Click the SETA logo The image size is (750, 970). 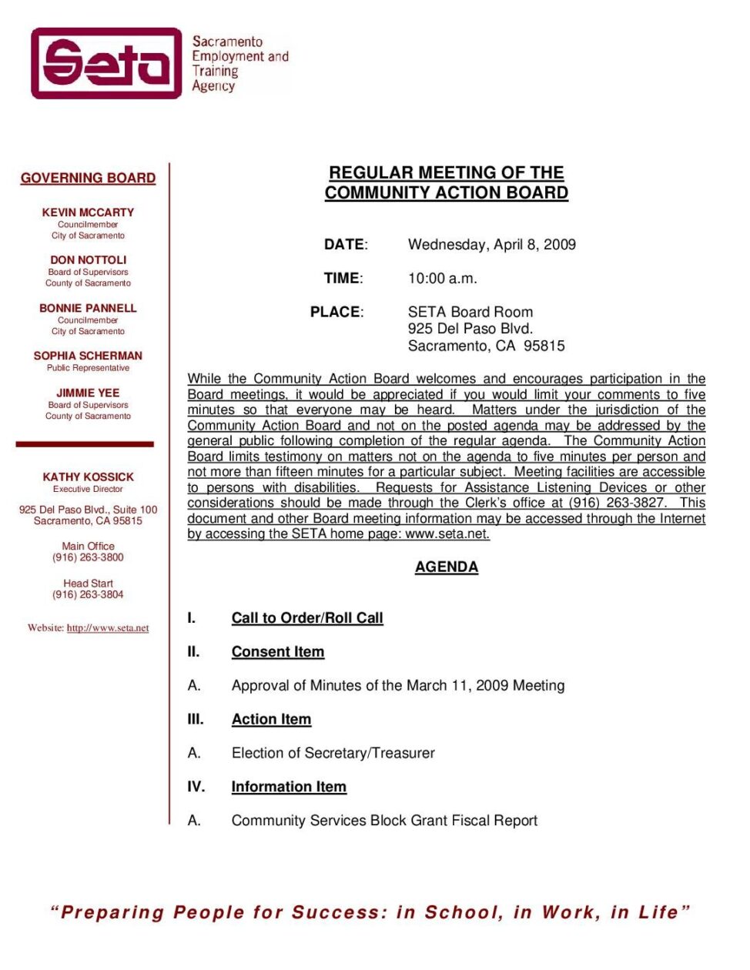click(105, 63)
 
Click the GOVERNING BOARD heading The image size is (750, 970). click(88, 178)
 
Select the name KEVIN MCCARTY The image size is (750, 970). click(88, 212)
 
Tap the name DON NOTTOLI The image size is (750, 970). click(88, 260)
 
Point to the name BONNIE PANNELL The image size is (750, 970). click(88, 308)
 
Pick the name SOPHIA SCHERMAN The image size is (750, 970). click(88, 356)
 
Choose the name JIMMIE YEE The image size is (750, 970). click(88, 393)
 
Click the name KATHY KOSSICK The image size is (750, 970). click(88, 477)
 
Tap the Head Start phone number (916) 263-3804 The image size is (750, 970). click(88, 594)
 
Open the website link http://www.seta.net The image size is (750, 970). click(108, 628)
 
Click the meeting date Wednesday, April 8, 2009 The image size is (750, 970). click(491, 245)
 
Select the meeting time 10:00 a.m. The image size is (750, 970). click(442, 279)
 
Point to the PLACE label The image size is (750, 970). click(336, 312)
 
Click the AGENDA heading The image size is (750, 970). click(446, 567)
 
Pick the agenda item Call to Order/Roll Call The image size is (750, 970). click(307, 618)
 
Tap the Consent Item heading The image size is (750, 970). click(278, 652)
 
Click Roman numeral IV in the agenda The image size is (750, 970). click(196, 787)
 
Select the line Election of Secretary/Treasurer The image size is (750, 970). click(333, 753)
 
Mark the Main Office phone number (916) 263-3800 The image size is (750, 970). click(88, 557)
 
